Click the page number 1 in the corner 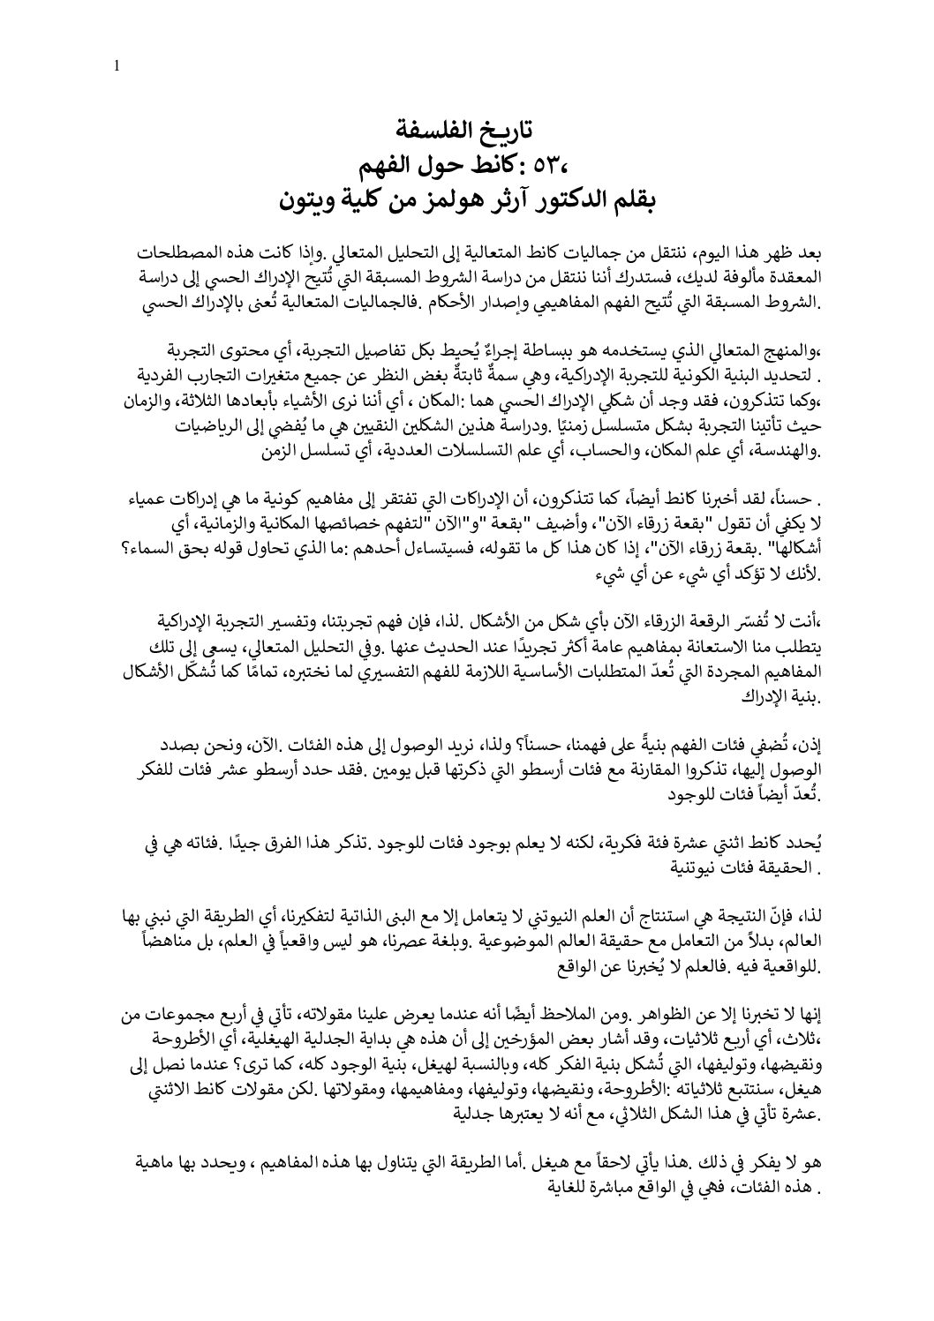(117, 64)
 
